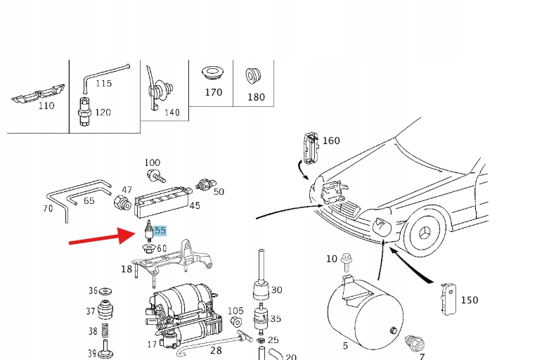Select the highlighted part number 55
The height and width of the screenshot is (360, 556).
160,230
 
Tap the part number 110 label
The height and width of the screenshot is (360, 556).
46,106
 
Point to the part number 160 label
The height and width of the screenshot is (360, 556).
330,141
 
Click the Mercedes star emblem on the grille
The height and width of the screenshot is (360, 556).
426,233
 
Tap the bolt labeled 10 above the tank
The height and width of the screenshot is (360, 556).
347,262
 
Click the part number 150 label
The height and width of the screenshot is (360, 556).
469,300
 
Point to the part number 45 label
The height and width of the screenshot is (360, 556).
195,206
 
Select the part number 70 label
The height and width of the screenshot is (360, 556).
48,209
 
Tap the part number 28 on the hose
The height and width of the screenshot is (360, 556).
216,350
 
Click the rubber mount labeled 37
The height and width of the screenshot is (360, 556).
108,310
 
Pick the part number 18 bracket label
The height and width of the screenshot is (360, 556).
126,269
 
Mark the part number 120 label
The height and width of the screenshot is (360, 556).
103,112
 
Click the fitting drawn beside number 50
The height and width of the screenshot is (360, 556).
204,184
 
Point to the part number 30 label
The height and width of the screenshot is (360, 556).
276,290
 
